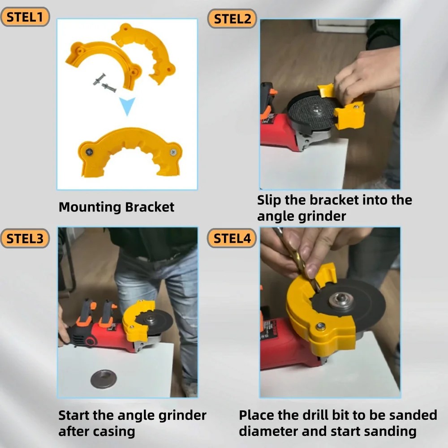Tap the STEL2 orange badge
(232, 19)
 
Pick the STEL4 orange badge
(232, 238)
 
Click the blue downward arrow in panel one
(127, 107)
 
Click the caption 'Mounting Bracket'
(116, 207)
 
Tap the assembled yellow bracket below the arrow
(130, 150)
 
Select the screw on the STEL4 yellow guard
(321, 326)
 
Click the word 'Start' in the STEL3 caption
(74, 415)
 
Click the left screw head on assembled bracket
(89, 151)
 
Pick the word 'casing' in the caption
(115, 431)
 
